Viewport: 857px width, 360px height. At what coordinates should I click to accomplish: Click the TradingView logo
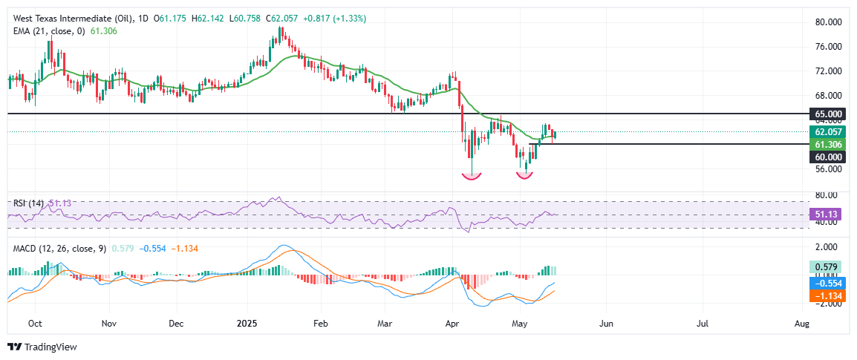coord(42,347)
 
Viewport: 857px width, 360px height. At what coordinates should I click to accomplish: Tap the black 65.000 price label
coord(829,114)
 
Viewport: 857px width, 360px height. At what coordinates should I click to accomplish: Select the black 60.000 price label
coord(829,157)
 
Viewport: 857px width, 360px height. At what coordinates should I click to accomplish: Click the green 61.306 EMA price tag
coord(829,144)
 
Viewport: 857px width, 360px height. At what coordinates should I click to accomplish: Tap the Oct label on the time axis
coord(34,324)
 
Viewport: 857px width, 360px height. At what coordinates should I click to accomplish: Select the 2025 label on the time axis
coord(247,324)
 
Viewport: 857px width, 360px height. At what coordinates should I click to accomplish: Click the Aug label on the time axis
coord(801,324)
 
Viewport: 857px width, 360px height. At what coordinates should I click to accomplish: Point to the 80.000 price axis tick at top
coord(829,22)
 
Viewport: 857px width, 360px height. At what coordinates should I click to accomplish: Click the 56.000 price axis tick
coord(829,169)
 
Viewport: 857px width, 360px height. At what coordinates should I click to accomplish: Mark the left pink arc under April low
coord(471,176)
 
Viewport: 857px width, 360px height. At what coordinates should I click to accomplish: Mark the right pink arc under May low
coord(525,176)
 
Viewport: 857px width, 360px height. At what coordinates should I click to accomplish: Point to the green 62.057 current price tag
coord(829,131)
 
